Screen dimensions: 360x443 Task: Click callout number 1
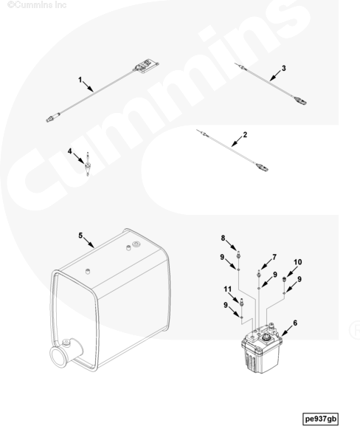[80, 80]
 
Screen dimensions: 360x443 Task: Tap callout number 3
[283, 68]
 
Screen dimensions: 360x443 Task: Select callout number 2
[245, 134]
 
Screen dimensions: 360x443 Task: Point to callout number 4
[70, 151]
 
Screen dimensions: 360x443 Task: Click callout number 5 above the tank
[80, 236]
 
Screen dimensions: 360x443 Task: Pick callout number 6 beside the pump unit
[295, 323]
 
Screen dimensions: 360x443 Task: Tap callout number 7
[274, 257]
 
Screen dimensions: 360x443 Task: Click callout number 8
[223, 238]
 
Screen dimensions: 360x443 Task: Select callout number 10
[297, 262]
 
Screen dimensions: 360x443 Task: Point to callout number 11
[227, 289]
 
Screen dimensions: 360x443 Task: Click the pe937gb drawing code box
[320, 419]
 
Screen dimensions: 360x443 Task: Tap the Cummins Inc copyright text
[37, 5]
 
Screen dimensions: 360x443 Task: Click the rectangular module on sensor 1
[145, 66]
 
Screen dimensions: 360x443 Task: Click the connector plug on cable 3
[300, 100]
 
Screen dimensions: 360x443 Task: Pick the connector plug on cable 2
[262, 168]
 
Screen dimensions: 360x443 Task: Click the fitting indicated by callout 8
[238, 255]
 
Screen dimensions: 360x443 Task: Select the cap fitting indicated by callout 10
[284, 280]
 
